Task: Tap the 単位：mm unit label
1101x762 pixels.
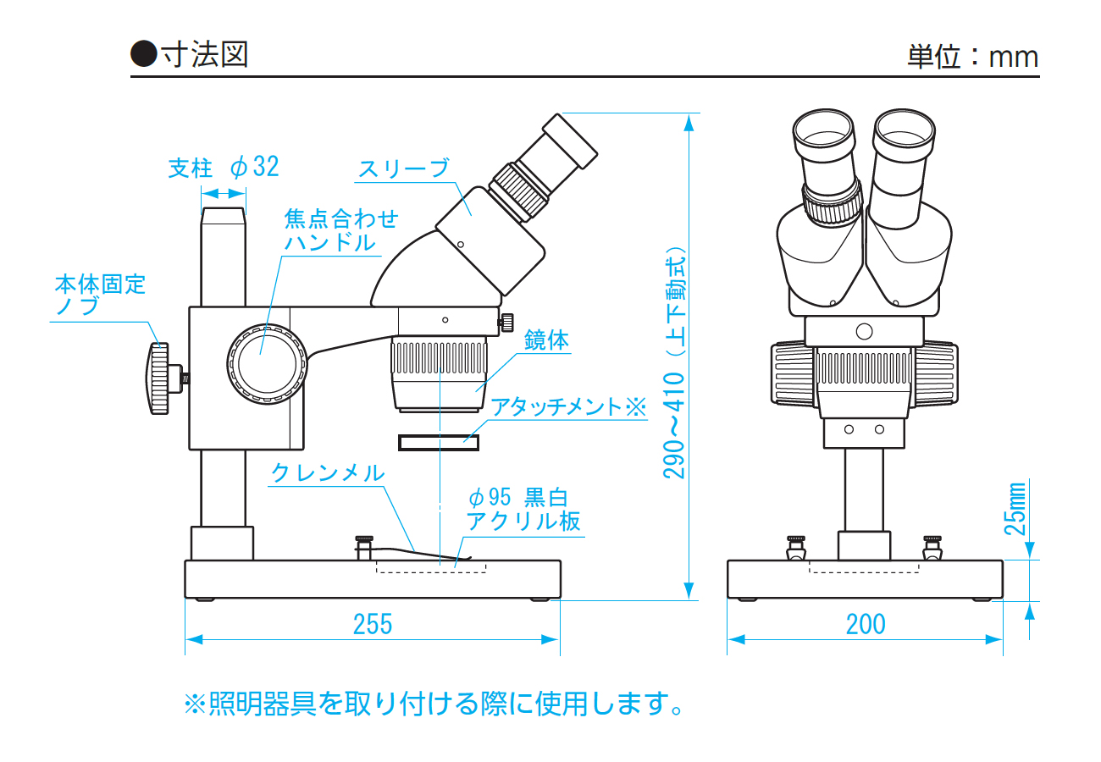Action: point(972,57)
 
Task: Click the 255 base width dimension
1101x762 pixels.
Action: point(373,624)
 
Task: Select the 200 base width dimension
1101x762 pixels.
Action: point(865,624)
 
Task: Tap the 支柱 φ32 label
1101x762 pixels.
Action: point(224,167)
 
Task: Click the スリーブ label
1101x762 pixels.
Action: point(403,168)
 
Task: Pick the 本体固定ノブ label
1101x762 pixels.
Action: point(100,294)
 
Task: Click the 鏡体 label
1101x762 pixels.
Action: point(546,340)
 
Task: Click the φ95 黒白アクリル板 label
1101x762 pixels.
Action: point(523,508)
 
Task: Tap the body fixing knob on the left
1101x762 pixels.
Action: point(159,378)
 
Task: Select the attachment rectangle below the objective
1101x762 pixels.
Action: point(439,442)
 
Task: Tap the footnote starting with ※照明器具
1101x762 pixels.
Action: point(434,703)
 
